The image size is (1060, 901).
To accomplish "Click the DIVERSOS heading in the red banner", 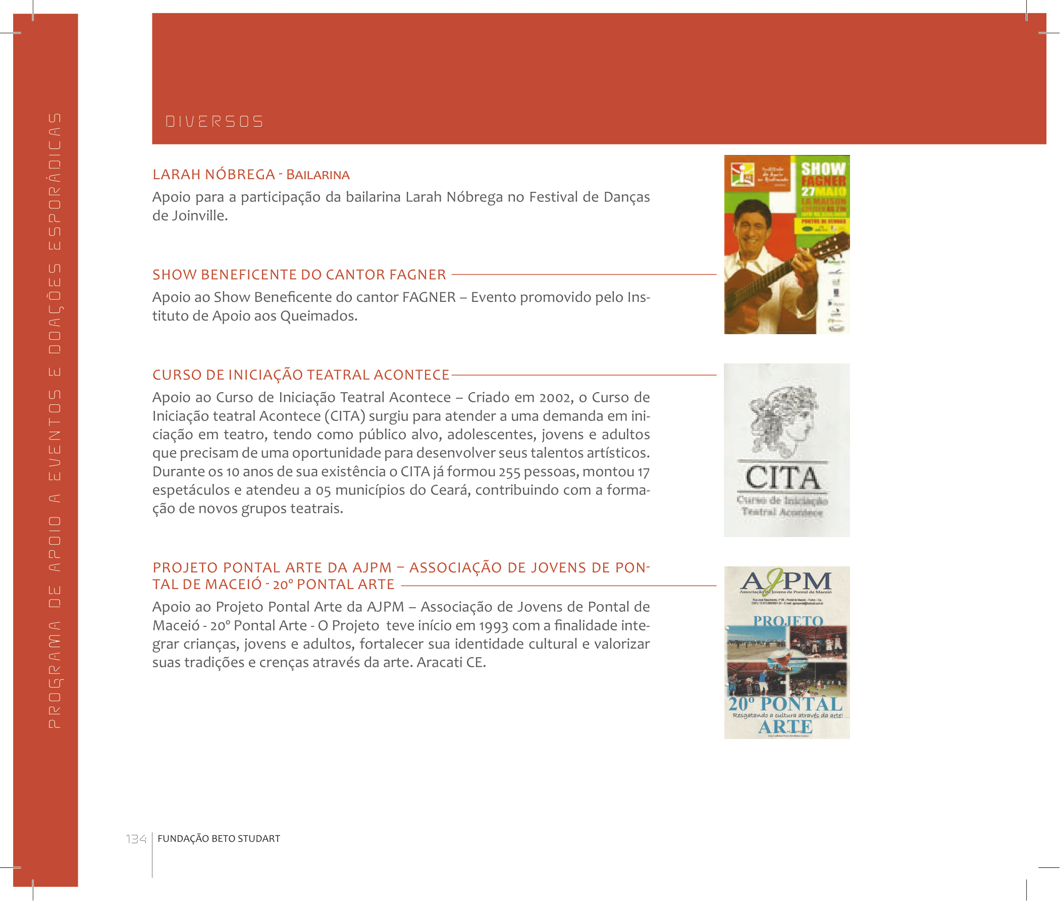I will (x=214, y=122).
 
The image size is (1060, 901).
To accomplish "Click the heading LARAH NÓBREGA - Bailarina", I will (x=251, y=175).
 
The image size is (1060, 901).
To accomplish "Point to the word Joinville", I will (x=200, y=216).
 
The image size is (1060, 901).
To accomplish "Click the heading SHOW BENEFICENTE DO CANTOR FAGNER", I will (x=299, y=275).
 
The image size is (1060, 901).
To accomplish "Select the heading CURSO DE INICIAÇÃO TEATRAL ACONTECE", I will (x=300, y=375).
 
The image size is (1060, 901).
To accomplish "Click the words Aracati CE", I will (x=451, y=663).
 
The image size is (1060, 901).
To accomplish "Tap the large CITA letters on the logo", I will (x=782, y=478).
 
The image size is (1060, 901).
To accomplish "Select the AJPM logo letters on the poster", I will (x=786, y=581).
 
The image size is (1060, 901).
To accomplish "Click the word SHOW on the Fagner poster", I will (x=822, y=169).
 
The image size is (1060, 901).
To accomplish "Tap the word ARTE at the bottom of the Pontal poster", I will (x=785, y=727).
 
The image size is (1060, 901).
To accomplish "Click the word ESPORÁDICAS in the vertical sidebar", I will (x=54, y=181).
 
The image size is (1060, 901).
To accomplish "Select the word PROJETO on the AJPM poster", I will (x=788, y=621).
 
